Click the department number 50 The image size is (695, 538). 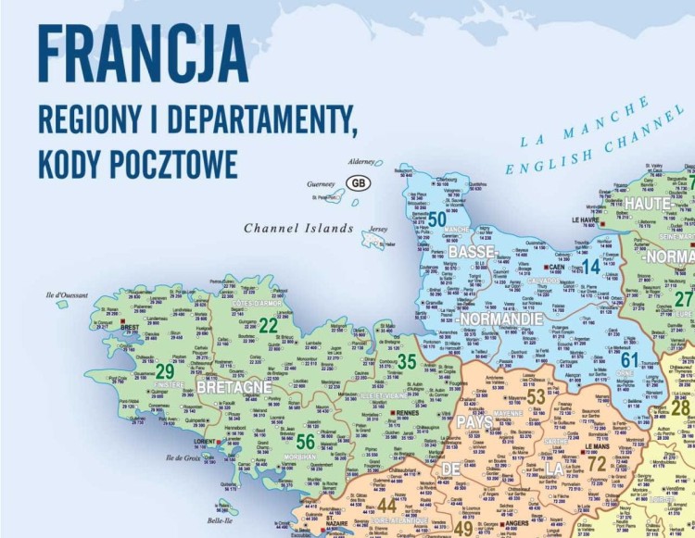(437, 219)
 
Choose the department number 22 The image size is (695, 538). (269, 325)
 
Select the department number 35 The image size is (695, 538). (406, 362)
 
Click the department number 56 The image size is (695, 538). (306, 442)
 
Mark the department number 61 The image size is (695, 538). (630, 360)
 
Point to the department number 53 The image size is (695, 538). (536, 397)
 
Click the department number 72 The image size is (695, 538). (597, 462)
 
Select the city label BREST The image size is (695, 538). (130, 326)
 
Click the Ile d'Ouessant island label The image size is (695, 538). (66, 295)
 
